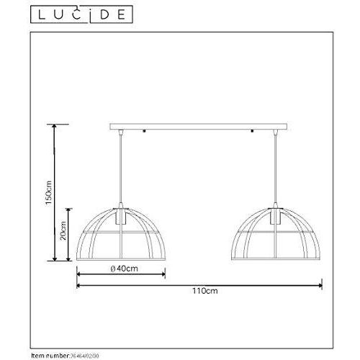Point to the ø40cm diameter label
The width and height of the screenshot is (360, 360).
[120, 269]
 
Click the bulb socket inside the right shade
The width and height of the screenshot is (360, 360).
[276, 217]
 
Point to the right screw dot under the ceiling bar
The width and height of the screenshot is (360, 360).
[253, 132]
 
